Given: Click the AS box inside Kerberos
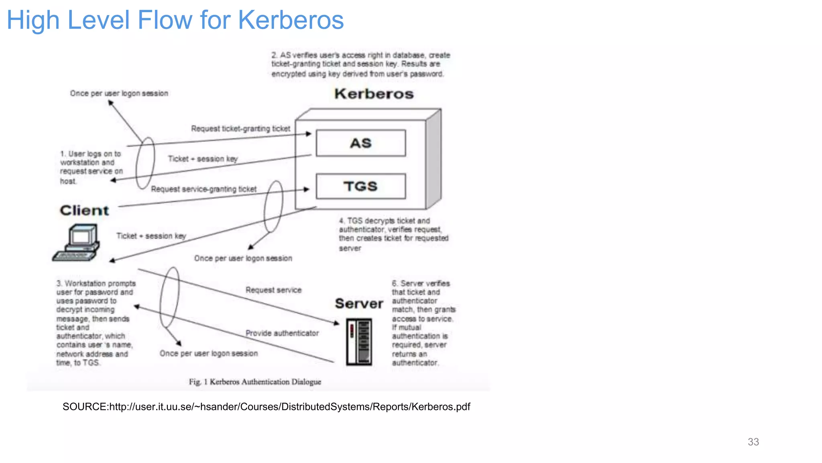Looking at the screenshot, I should (360, 143).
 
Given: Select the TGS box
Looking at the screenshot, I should (360, 186).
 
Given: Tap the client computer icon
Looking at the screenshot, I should (77, 243).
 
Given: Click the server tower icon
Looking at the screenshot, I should (359, 342).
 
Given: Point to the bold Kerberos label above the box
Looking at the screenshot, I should (374, 94).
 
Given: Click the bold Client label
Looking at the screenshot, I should (84, 210).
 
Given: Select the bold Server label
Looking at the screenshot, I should (359, 303).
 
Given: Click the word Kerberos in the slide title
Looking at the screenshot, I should (291, 20).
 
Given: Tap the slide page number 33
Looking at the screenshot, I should (753, 442).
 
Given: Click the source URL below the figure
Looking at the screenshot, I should (266, 407).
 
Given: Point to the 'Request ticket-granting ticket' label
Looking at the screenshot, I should (240, 129).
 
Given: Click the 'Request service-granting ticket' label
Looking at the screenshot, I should (203, 189).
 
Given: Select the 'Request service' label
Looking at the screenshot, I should (273, 290).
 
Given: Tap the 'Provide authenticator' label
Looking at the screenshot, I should (282, 333).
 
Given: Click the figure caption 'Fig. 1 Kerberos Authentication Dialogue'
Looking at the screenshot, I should (255, 381).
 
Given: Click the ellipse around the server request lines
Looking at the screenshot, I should (169, 297).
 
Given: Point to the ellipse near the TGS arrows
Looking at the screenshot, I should (273, 206).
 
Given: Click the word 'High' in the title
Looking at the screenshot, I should (33, 20).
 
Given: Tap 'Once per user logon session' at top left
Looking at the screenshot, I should (119, 93).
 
